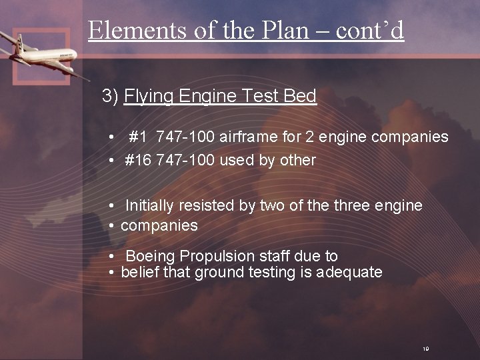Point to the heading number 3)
(111, 97)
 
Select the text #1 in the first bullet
(139, 137)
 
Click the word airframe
(250, 137)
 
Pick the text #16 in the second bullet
(138, 160)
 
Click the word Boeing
(150, 256)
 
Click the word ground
(219, 272)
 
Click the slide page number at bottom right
(425, 348)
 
